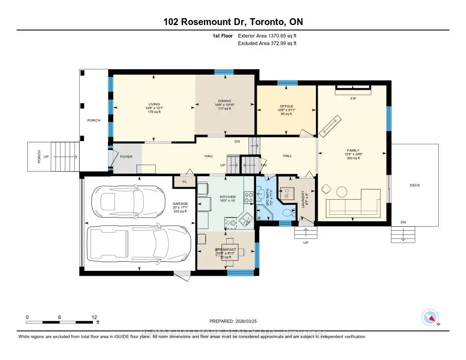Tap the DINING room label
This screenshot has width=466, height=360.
(224, 101)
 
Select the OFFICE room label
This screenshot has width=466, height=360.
(286, 106)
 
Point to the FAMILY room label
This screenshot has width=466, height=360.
(353, 150)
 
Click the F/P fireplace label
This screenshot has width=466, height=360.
(353, 98)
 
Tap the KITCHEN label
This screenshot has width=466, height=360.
(213, 196)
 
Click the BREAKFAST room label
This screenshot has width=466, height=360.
(226, 250)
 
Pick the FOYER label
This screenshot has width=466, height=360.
(126, 157)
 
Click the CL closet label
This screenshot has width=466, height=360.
(184, 182)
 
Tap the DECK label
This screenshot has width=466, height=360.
(415, 185)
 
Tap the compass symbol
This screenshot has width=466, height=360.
(430, 317)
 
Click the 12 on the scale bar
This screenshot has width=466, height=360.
(94, 317)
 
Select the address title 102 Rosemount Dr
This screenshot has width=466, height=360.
(233, 22)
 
